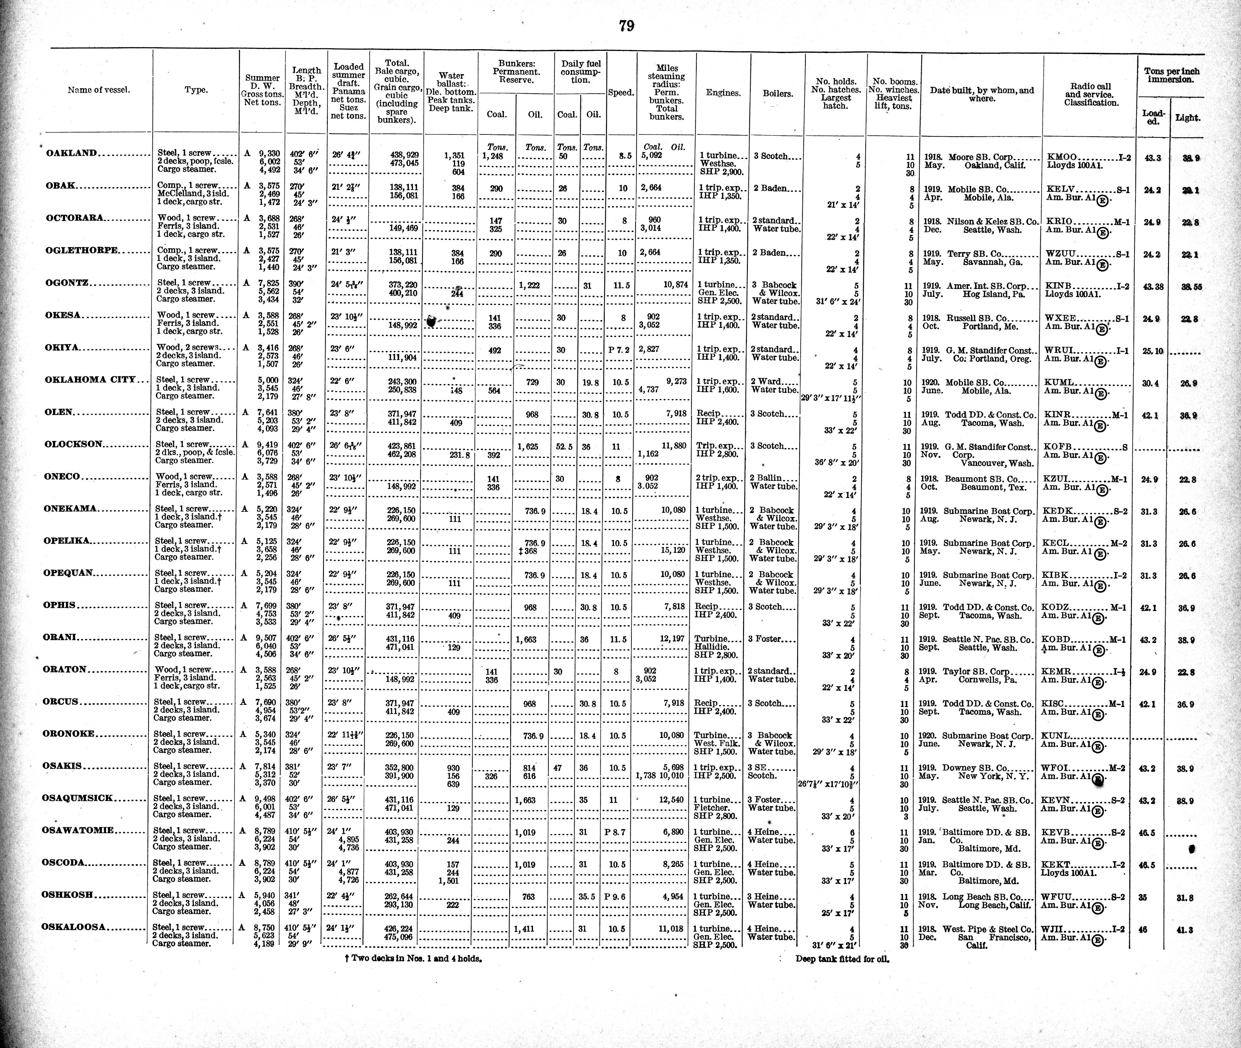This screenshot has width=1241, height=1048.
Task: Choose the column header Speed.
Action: click(x=621, y=93)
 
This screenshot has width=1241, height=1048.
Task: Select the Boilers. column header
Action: click(x=777, y=93)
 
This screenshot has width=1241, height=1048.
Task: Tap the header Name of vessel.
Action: click(x=99, y=90)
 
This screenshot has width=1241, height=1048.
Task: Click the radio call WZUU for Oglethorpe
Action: click(x=1059, y=254)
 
